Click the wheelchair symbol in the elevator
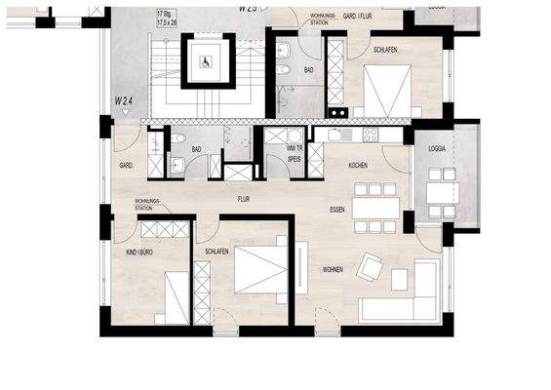(x=206, y=60)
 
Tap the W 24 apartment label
(x=124, y=99)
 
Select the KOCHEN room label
(x=358, y=166)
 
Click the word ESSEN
(x=337, y=209)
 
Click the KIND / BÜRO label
(x=138, y=252)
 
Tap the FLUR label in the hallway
(x=245, y=198)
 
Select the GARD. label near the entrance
(x=126, y=165)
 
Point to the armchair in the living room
(x=371, y=265)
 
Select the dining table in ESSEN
(x=375, y=208)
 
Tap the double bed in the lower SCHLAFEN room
(x=259, y=269)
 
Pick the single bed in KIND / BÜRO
(x=176, y=296)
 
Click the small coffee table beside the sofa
(x=399, y=279)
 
